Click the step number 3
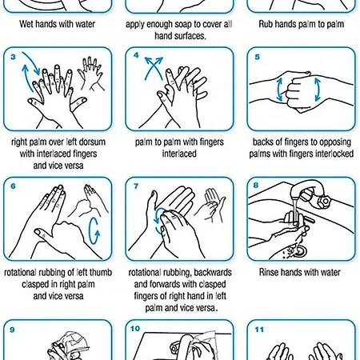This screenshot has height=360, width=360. [13, 57]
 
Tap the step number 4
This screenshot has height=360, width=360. [136, 55]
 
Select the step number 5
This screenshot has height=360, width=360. [257, 57]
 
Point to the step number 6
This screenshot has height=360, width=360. [13, 186]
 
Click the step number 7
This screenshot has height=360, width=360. [136, 186]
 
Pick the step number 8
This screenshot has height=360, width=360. [256, 185]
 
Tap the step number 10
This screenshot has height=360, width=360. [135, 329]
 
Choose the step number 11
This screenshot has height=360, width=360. [259, 330]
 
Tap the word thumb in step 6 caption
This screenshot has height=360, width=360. [101, 273]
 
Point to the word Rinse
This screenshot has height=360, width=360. [269, 272]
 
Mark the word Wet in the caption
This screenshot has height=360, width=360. [26, 24]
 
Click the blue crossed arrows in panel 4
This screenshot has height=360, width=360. [154, 68]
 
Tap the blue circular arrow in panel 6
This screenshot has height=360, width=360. [94, 231]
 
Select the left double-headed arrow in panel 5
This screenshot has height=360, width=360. [279, 90]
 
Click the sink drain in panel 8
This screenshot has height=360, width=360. [300, 251]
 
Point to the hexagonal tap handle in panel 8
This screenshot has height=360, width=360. [324, 200]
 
